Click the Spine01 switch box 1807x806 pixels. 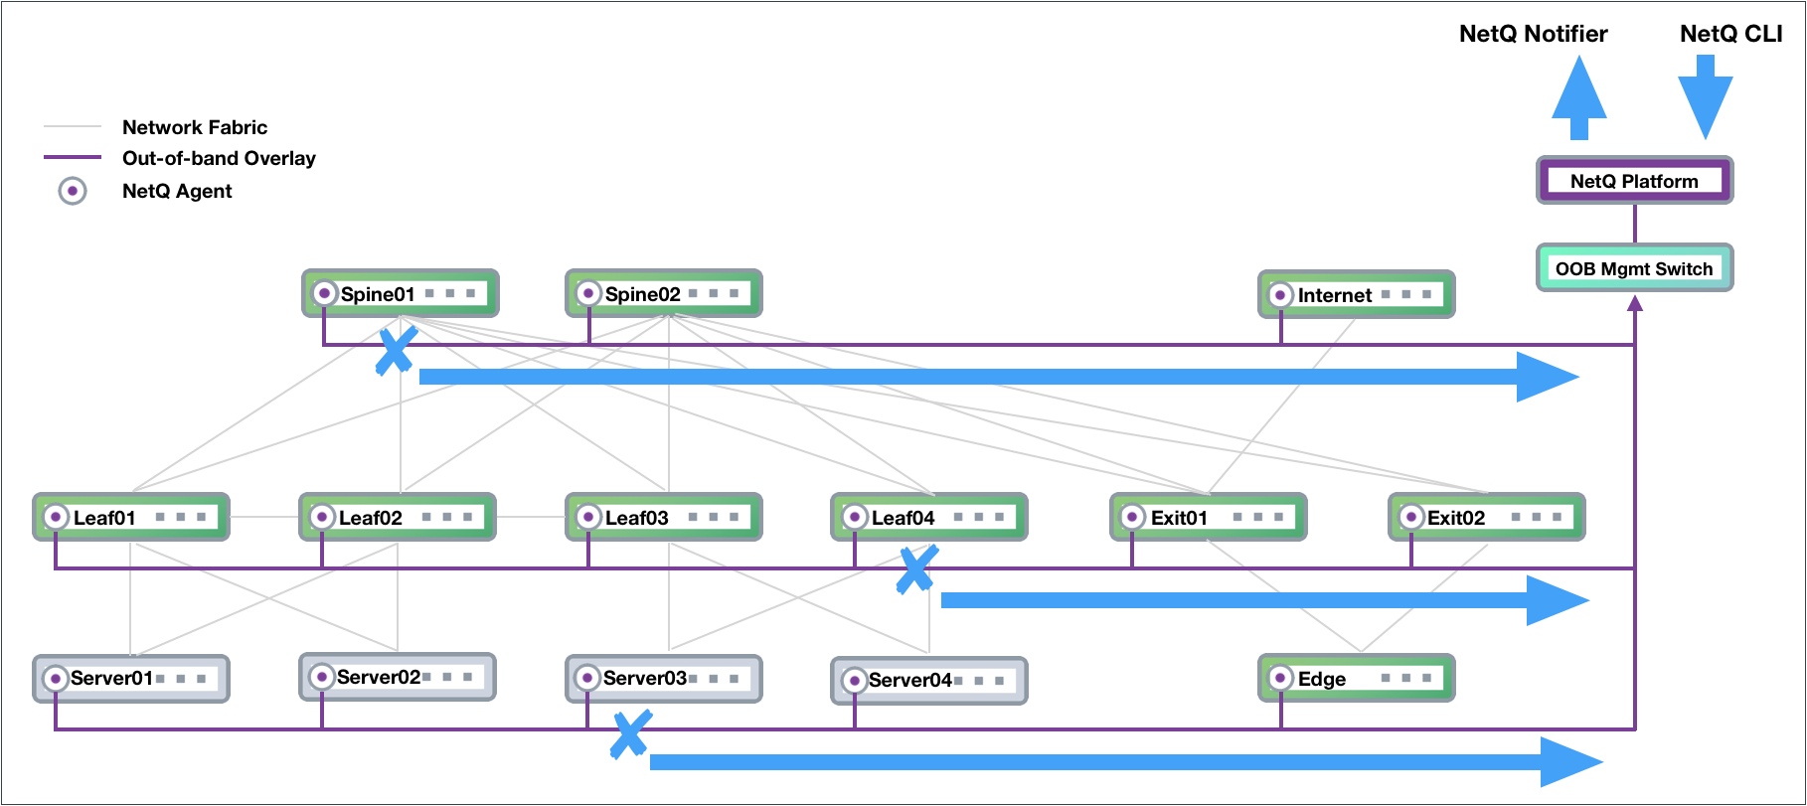point(401,293)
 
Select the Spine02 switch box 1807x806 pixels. point(664,293)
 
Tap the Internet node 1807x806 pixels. point(1356,294)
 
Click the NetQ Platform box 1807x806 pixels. point(1634,180)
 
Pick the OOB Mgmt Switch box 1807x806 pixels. point(1634,267)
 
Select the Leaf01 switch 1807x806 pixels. point(131,517)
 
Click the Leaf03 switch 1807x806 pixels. point(664,517)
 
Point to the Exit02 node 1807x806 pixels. point(1486,517)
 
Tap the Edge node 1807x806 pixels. point(1356,678)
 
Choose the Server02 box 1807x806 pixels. point(398,677)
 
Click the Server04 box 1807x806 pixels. point(929,680)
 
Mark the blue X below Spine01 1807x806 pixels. point(396,350)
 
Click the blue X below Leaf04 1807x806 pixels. point(916,569)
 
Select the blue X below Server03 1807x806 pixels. point(630,734)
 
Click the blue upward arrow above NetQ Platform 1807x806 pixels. point(1578,97)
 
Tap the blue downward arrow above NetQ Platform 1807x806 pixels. point(1705,97)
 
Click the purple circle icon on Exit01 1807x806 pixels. point(1132,517)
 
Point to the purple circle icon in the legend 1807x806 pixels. point(73,191)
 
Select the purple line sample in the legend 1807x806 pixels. point(73,157)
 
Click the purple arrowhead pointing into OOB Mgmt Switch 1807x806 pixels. point(1634,302)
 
